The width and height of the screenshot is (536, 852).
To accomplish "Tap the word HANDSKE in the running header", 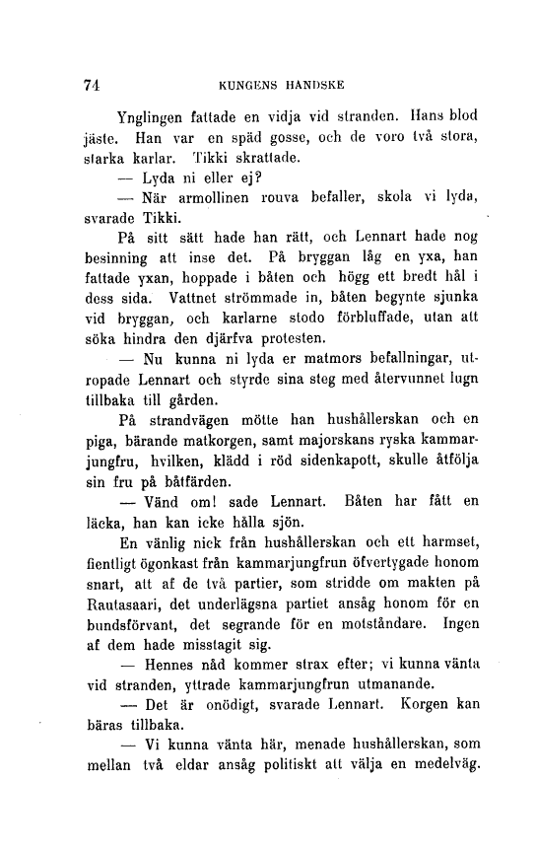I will pos(314,85).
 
